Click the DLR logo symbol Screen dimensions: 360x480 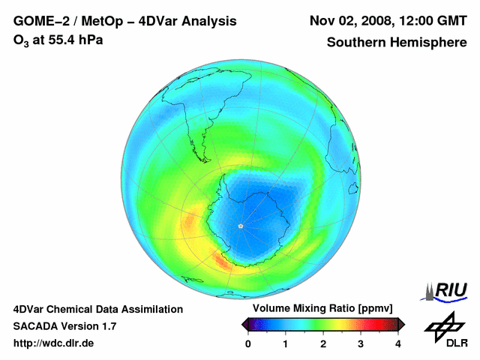click(444, 325)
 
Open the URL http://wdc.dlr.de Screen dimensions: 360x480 click(54, 343)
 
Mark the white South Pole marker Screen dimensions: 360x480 click(240, 225)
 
